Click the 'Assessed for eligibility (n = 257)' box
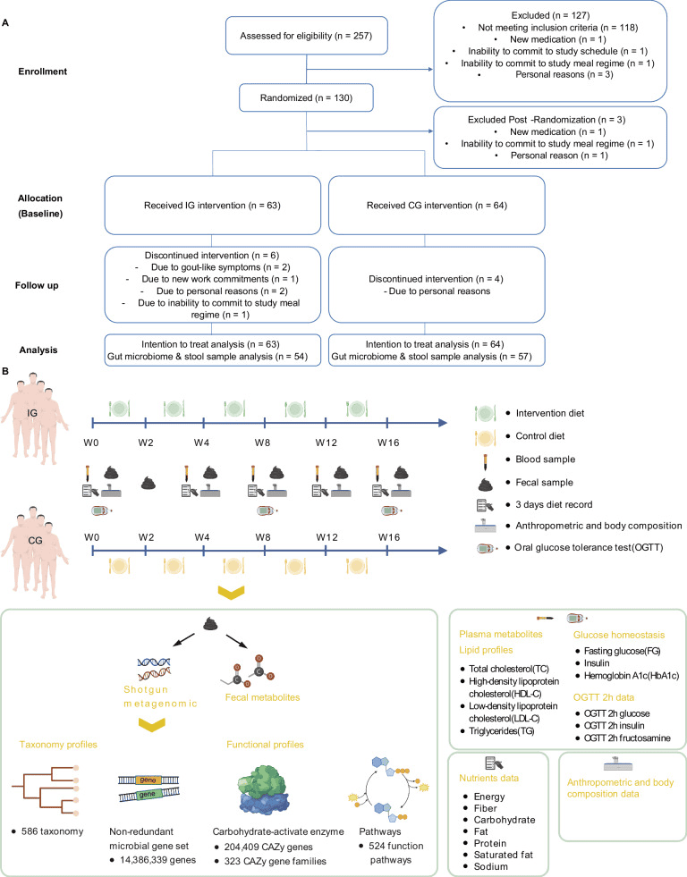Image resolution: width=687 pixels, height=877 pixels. pos(307,37)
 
